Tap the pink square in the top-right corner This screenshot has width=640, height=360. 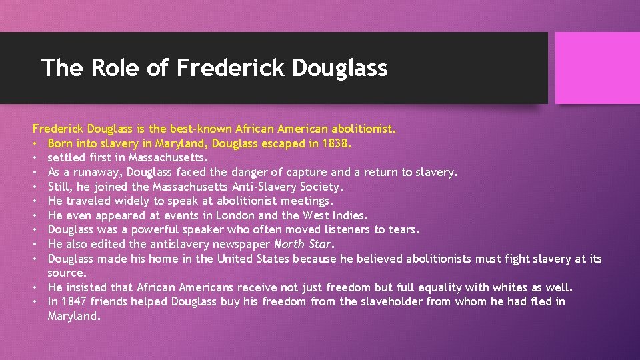pos(597,68)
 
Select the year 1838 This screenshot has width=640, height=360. pos(334,143)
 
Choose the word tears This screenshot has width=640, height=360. pos(403,230)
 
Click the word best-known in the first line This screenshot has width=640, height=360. pos(173,129)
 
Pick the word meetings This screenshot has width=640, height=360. pos(307,201)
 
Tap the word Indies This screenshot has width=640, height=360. pos(350,215)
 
